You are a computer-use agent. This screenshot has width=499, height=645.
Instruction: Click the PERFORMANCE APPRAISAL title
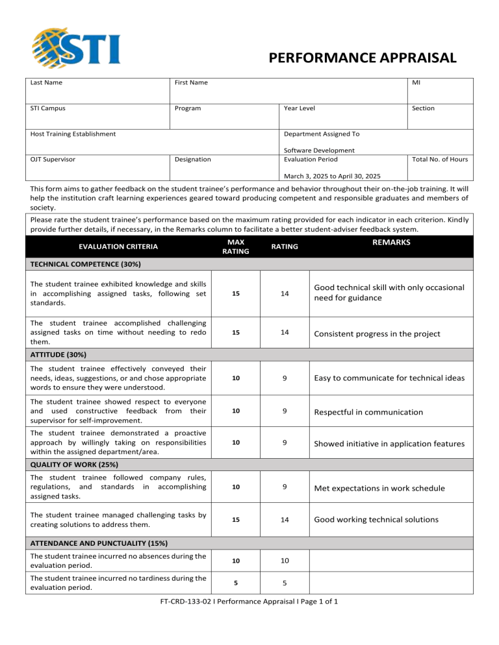pyautogui.click(x=362, y=58)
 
